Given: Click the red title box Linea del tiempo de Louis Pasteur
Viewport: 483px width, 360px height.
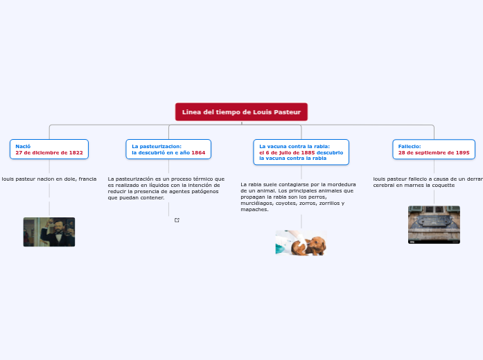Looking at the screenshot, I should click(x=241, y=111).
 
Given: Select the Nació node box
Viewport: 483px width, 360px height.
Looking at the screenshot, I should click(x=49, y=149).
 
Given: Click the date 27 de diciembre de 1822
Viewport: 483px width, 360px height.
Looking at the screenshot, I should click(x=49, y=152).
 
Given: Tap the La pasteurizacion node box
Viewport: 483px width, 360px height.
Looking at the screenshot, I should click(x=168, y=149).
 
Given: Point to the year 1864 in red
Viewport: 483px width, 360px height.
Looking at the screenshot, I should click(x=198, y=152).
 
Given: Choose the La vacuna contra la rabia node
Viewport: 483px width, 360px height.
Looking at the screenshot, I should click(x=301, y=152).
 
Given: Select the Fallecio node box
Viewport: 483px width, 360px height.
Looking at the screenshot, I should click(x=434, y=149).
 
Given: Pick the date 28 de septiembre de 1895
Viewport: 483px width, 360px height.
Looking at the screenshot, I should click(x=434, y=152).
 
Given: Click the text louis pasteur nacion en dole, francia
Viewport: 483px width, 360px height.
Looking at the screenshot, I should click(x=49, y=179).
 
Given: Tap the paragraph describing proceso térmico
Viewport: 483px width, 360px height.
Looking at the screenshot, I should click(x=166, y=188).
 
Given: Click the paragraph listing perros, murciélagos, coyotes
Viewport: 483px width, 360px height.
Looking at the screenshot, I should click(x=298, y=197).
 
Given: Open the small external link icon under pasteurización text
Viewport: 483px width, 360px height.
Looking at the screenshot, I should click(x=177, y=220).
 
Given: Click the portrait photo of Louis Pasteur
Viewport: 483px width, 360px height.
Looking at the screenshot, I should click(x=49, y=232).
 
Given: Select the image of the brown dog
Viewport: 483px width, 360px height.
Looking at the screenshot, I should click(x=313, y=244).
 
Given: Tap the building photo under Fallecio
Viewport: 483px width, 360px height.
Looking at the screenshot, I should click(x=434, y=224).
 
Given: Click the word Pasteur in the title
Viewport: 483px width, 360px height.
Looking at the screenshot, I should click(x=287, y=111).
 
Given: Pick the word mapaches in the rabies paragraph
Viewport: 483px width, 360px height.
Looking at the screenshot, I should click(x=254, y=209).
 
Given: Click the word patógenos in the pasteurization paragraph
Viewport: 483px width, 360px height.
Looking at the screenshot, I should click(x=204, y=191).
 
